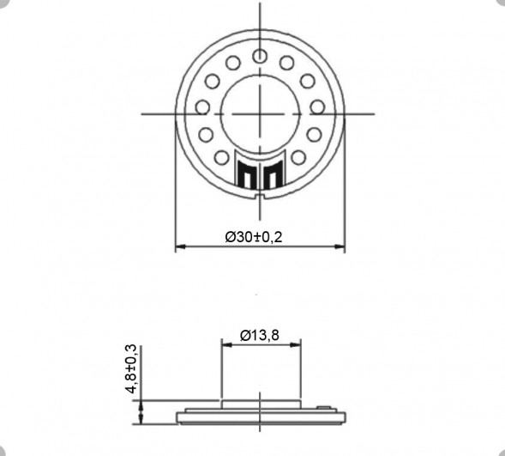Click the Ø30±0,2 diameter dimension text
[254, 237]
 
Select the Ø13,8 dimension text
[259, 335]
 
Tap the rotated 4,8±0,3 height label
[131, 368]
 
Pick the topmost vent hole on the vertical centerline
[259, 56]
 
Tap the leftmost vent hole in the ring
[202, 106]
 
